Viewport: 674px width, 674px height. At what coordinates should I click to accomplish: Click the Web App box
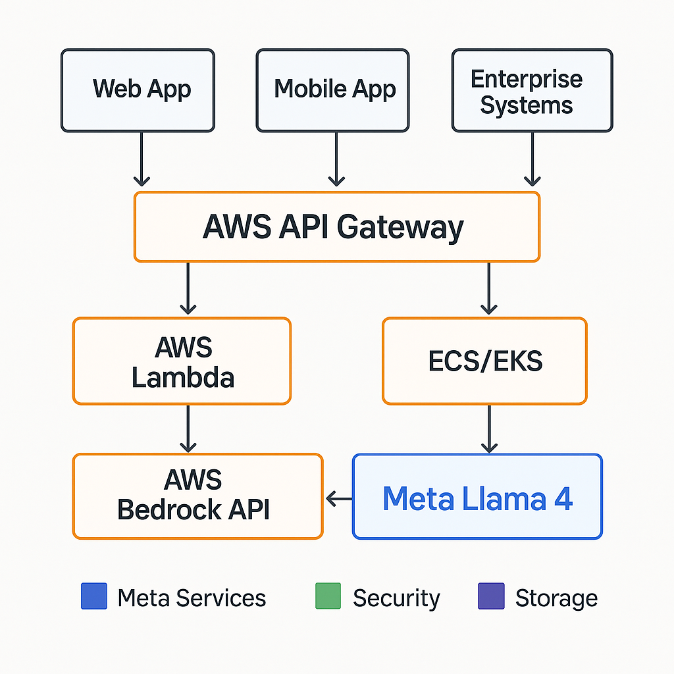coord(138,90)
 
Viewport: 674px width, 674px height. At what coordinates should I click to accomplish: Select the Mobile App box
coord(332,90)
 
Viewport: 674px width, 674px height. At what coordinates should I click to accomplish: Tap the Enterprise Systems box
coord(532,90)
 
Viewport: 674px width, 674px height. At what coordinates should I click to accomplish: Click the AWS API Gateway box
coord(337,227)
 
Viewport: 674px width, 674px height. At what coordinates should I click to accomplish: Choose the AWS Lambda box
coord(182,361)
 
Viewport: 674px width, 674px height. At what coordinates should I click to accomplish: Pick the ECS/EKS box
coord(484,361)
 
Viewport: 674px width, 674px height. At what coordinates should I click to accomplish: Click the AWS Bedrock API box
coord(197,496)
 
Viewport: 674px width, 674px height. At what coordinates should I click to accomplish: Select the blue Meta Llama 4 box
coord(477,496)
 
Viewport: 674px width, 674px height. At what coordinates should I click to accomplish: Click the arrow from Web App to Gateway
coord(142,159)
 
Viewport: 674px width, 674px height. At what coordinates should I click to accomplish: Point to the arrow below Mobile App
coord(336,159)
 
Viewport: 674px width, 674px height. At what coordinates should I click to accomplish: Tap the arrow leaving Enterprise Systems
coord(532,159)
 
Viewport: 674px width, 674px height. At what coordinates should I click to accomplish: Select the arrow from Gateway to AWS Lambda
coord(188,288)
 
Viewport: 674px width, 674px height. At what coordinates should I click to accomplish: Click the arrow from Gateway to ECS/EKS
coord(489,288)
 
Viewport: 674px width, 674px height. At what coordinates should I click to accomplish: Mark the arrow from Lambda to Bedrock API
coord(188,428)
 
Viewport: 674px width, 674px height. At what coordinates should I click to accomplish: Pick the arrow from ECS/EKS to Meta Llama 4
coord(489,429)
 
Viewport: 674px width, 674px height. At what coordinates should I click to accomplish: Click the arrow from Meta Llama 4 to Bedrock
coord(339,499)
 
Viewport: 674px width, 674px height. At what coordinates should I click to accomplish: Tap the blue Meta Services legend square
coord(94,596)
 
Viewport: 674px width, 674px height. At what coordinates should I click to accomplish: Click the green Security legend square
coord(328,596)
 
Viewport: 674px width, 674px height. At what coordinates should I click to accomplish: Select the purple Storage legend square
coord(491,596)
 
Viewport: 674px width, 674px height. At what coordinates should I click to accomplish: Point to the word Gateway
coord(400,228)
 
